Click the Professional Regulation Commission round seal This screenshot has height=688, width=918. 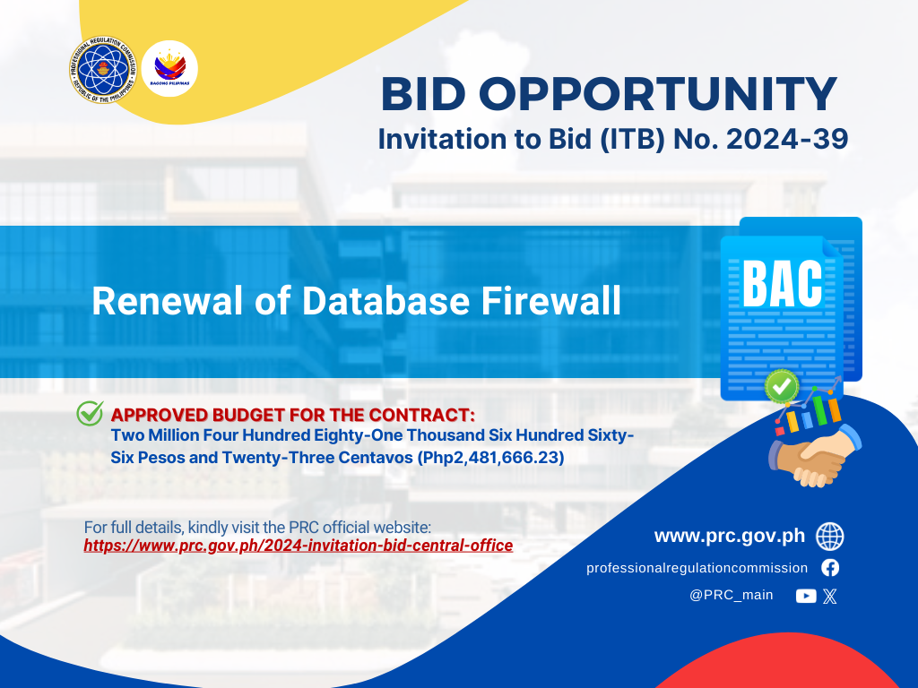click(103, 69)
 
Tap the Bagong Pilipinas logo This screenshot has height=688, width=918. click(169, 68)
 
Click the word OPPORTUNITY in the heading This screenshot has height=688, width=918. click(659, 93)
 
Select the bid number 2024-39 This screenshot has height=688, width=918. click(787, 139)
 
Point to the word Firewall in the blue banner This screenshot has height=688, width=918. click(551, 301)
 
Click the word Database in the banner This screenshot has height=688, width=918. click(385, 301)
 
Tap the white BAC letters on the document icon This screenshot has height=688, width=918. click(782, 283)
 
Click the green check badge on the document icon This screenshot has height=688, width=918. click(782, 386)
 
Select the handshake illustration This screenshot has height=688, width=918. click(814, 455)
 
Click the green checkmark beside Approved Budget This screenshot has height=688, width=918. click(91, 413)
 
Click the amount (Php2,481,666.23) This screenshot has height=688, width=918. click(490, 458)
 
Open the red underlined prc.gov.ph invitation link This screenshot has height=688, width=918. click(298, 546)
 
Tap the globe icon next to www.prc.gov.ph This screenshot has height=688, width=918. click(829, 537)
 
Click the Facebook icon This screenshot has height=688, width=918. click(830, 567)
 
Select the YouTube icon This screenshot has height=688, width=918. click(806, 596)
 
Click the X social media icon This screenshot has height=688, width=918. click(829, 596)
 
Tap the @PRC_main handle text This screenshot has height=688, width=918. click(732, 595)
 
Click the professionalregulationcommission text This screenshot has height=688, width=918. click(697, 568)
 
